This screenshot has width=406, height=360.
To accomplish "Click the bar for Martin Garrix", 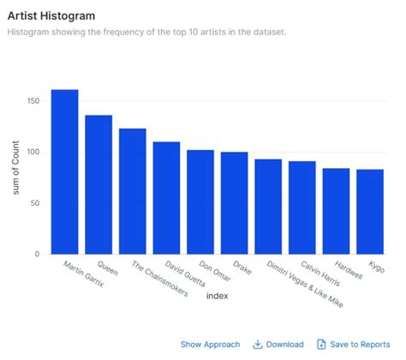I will (64, 171).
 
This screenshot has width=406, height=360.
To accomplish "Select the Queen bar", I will (99, 184).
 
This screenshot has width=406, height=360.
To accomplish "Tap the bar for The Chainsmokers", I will (133, 191).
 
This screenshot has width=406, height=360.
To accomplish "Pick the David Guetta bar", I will (166, 198).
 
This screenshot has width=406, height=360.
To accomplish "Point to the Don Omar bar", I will (200, 202).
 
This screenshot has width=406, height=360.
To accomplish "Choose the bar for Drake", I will (234, 203).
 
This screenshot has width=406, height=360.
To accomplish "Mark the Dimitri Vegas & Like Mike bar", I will (268, 207).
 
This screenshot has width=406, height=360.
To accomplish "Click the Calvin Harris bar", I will (302, 207).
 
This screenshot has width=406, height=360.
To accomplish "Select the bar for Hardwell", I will (336, 211).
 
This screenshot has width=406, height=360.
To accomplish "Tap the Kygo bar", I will (370, 212).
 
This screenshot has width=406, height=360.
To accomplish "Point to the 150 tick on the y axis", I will (33, 102).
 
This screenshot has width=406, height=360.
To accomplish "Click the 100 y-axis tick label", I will (33, 153).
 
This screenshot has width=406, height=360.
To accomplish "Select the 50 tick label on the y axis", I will (35, 203).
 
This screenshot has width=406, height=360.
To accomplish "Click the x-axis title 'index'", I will (217, 297).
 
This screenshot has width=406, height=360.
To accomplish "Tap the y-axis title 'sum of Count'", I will (16, 165).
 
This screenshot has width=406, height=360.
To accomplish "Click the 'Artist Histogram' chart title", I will (51, 15).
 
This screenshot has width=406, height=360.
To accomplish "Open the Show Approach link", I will (210, 344).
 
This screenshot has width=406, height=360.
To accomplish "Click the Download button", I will (278, 344).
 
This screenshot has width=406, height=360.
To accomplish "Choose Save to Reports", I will (354, 344).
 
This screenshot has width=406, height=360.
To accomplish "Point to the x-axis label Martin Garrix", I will (83, 274).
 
